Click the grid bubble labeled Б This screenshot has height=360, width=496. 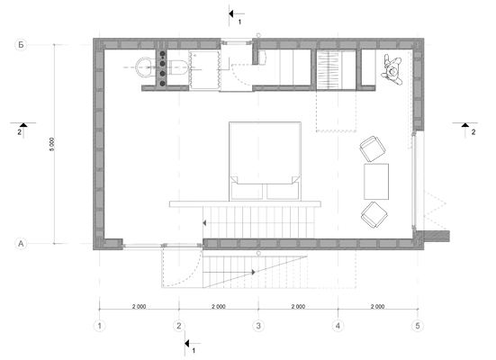[x=21, y=45]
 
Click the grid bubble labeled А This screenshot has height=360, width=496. [x=21, y=244]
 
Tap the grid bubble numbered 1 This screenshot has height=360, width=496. [x=100, y=326]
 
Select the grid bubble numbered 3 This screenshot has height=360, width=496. [x=258, y=326]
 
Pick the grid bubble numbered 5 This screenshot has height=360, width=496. [x=418, y=326]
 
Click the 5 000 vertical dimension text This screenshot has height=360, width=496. [x=51, y=144]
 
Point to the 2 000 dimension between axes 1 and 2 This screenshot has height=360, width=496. [x=140, y=306]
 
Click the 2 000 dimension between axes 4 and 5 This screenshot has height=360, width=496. [x=378, y=306]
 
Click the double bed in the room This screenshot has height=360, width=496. [x=265, y=161]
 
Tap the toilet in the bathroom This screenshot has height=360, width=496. [x=178, y=67]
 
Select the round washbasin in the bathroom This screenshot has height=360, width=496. [x=146, y=67]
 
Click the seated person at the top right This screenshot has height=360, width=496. [x=392, y=70]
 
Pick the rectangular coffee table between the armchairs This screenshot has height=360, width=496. [x=376, y=182]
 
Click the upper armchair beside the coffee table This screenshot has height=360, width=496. [x=373, y=148]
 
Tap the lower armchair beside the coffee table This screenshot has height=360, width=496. [x=374, y=214]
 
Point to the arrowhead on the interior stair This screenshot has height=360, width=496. [x=204, y=223]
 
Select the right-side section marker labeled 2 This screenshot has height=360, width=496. [x=465, y=129]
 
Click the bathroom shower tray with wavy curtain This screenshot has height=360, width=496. [x=204, y=70]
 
